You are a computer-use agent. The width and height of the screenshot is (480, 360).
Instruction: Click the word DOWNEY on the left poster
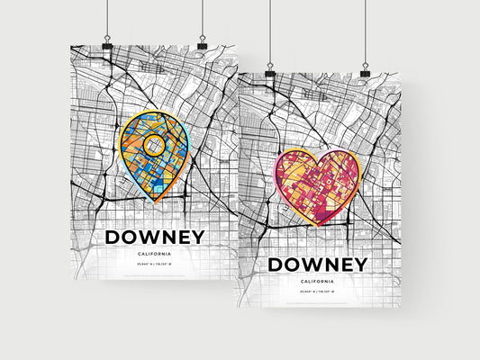coord(155,237)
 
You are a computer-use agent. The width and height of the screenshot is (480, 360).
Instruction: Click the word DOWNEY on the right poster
coord(317,264)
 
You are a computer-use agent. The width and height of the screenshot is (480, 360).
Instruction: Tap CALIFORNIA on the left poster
coord(155,254)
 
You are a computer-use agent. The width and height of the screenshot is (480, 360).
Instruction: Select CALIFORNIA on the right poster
coord(317,281)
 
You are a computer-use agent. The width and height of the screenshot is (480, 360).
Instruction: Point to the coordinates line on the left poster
coord(155,264)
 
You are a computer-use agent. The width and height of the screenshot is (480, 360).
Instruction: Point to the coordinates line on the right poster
coord(317,292)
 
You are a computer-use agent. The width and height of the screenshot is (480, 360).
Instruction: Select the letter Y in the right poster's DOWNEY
coord(359,264)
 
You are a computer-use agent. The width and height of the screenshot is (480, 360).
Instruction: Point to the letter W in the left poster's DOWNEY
coord(150,237)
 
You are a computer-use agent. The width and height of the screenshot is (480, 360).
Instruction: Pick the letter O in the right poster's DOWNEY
coord(294,264)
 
